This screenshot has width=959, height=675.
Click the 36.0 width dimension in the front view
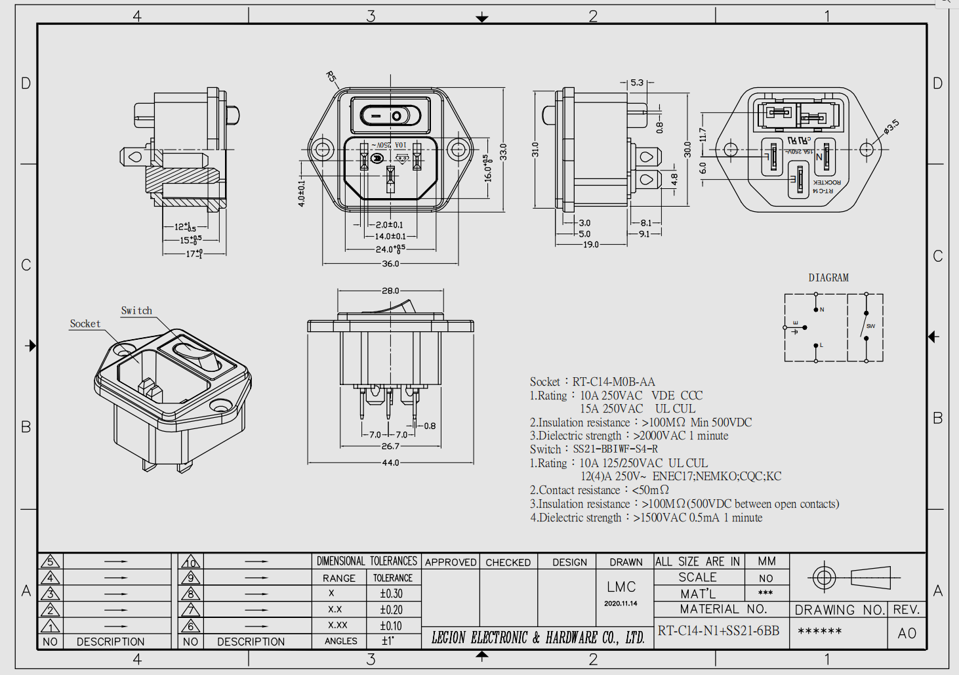[390, 264]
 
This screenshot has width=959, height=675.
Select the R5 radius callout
[331, 77]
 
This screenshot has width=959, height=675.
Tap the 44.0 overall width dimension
[390, 462]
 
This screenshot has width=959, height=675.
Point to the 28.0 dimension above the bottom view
[390, 291]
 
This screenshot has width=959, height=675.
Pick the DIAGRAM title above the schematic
[828, 278]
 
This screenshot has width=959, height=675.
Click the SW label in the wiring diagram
[870, 326]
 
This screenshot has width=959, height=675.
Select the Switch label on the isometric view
[136, 311]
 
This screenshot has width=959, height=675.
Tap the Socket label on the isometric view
[85, 324]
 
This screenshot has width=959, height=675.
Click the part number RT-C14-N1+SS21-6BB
[719, 631]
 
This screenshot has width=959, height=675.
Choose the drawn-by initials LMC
[621, 587]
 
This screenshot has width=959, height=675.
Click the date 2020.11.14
[621, 603]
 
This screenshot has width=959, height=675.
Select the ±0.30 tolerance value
[391, 594]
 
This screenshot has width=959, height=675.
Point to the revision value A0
[907, 633]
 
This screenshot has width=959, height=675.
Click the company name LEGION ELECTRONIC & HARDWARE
[537, 638]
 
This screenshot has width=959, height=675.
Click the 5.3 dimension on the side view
[637, 83]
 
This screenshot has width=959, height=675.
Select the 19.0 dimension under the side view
[590, 245]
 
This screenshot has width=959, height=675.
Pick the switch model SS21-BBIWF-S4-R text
[615, 449]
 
